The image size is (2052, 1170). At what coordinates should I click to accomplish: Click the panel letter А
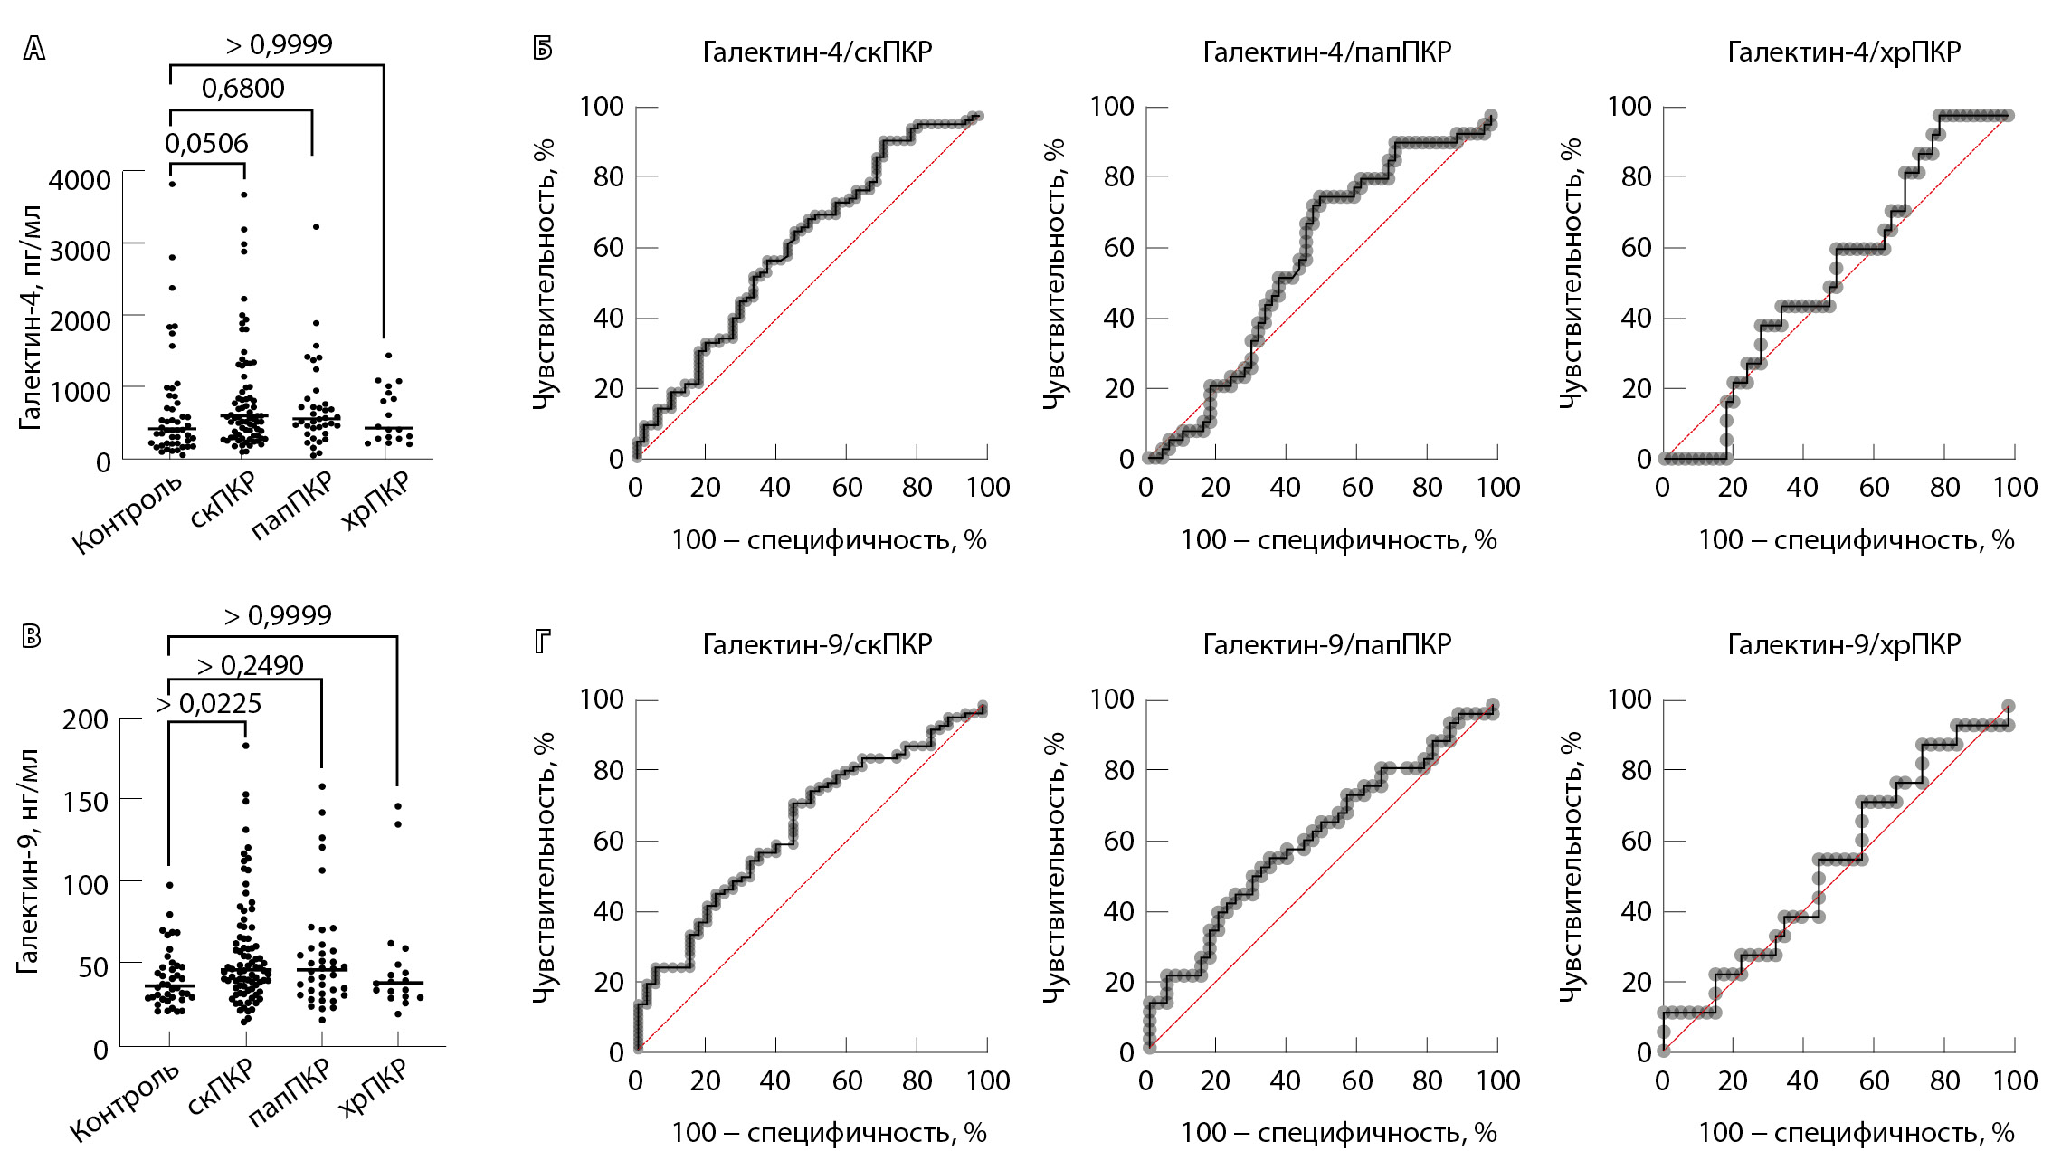tap(33, 48)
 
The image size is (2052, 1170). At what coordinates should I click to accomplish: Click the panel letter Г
tap(542, 642)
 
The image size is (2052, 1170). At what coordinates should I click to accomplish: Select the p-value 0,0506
tap(206, 143)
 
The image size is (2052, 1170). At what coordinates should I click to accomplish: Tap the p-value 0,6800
tap(242, 88)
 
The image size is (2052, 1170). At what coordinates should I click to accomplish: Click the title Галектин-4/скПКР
tap(817, 52)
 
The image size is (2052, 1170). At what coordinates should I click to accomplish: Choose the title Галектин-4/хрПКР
tap(1844, 52)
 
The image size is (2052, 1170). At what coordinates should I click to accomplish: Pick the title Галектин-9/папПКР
tap(1326, 644)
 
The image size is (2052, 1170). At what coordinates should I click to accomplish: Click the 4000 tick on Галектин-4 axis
tap(81, 179)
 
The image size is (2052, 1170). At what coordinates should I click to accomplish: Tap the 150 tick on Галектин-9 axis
tap(85, 801)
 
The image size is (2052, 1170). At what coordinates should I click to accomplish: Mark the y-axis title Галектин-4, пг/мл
tap(30, 318)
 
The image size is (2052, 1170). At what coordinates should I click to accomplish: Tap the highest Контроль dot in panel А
tap(171, 184)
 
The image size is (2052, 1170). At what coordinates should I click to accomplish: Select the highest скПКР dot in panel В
tap(245, 746)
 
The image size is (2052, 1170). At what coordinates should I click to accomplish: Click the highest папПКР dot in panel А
tap(316, 227)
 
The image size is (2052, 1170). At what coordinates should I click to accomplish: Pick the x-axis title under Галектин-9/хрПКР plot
tap(1856, 1132)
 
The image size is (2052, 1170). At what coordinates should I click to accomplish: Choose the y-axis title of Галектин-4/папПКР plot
tap(1055, 273)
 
